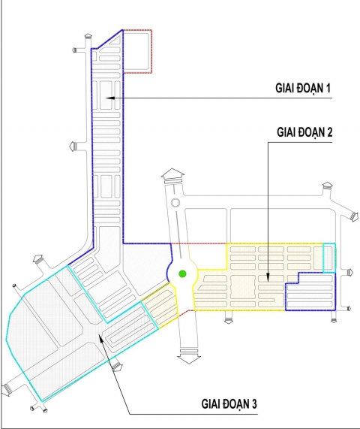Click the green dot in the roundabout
click(182, 273)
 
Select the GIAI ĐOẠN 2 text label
click(304, 132)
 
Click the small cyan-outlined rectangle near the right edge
click(329, 258)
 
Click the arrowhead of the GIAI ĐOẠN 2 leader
click(268, 282)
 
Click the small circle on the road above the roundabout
click(174, 203)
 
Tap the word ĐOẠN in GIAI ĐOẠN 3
click(233, 404)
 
